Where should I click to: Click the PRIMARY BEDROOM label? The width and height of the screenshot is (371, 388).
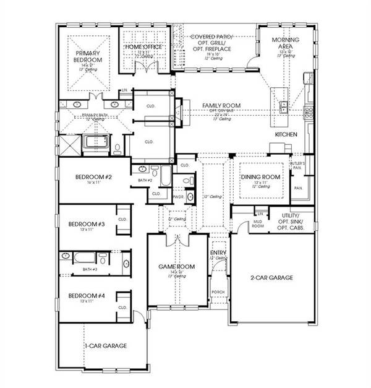tap(84, 56)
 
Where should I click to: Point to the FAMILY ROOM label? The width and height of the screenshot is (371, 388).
tap(221, 106)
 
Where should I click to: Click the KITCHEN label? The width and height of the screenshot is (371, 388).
tap(286, 134)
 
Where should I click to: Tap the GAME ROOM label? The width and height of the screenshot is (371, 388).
tap(177, 267)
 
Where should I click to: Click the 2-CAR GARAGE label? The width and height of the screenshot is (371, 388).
tap(273, 277)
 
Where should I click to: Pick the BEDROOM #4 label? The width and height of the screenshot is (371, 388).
tap(85, 295)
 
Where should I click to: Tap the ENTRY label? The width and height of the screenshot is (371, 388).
tap(218, 252)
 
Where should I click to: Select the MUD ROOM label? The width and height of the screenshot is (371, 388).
tap(259, 225)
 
